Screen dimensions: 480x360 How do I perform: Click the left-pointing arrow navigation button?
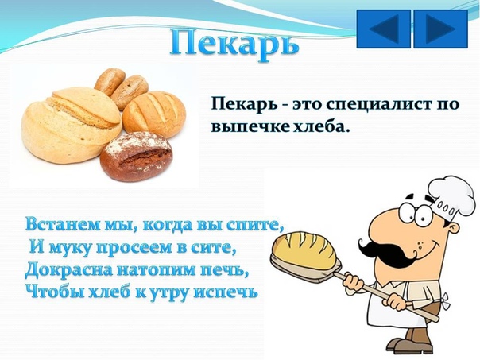point(384,29)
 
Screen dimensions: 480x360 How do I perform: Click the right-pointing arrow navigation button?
point(441,29)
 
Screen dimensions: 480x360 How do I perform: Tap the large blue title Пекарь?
point(234,45)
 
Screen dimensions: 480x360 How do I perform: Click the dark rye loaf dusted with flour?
point(136,157)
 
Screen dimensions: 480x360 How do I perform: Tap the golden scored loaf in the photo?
point(154,114)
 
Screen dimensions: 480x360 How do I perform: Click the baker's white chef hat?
point(451,197)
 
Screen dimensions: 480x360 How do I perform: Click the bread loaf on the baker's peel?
point(305,250)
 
